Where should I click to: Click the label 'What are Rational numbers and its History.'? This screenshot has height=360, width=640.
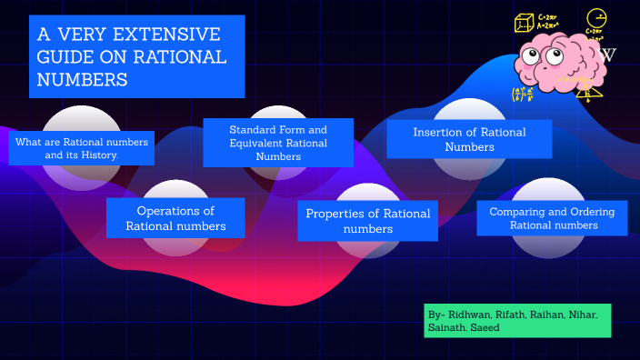tap(81, 148)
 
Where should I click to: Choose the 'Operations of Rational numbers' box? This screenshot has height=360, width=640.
tap(175, 218)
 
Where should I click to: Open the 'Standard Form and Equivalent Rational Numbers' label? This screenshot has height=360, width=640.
tap(278, 143)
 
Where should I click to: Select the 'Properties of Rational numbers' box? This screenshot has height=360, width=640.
tap(367, 221)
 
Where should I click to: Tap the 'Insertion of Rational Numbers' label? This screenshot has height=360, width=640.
tap(469, 139)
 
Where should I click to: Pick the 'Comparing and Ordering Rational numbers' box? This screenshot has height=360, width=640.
tap(552, 218)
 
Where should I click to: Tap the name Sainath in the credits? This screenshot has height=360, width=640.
tap(448, 327)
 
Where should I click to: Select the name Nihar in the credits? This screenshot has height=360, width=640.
tap(582, 315)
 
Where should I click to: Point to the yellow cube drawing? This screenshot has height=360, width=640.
tap(525, 22)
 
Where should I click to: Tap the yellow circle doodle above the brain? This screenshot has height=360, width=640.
tap(595, 18)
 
